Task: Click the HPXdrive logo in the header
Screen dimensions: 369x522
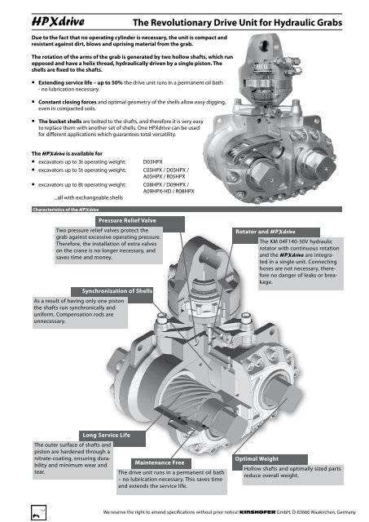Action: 58,22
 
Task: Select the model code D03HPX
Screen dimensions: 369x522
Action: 152,161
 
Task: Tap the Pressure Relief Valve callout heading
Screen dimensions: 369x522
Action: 127,221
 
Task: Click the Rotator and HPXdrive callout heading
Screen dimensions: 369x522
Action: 266,232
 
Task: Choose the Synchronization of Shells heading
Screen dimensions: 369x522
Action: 116,291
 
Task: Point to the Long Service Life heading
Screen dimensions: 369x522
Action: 107,435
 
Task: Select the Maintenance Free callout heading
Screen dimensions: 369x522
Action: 159,462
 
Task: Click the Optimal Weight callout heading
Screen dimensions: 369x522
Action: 257,458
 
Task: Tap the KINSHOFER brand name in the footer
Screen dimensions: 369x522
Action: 257,512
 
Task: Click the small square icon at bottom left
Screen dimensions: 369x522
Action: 38,512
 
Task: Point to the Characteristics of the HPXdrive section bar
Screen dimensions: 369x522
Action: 187,210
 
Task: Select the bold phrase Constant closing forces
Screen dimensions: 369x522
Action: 67,102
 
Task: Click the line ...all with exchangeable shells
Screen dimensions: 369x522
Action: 89,197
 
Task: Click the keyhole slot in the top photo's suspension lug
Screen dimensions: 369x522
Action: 265,46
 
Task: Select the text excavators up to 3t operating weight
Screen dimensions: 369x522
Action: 82,162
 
